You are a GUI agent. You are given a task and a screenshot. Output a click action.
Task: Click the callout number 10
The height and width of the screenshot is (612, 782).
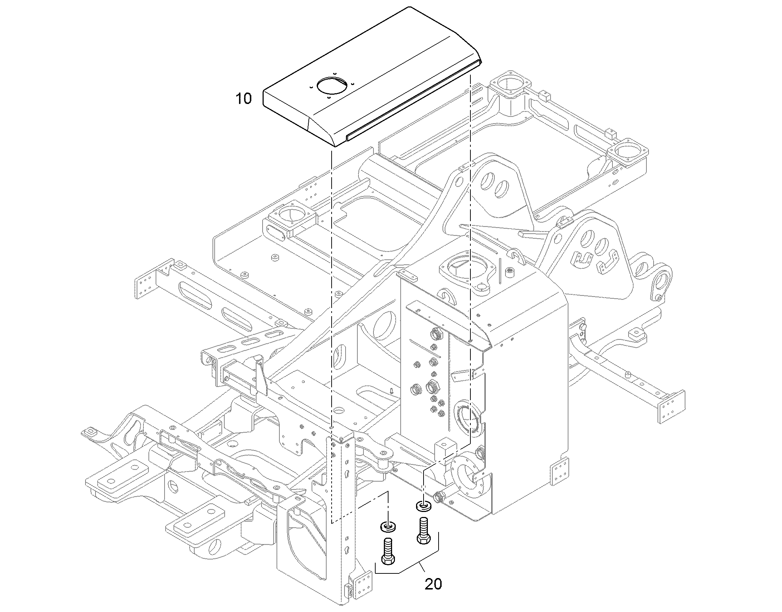point(244,98)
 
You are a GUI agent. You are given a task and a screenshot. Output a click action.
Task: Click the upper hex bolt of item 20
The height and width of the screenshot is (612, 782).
point(423,531)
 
